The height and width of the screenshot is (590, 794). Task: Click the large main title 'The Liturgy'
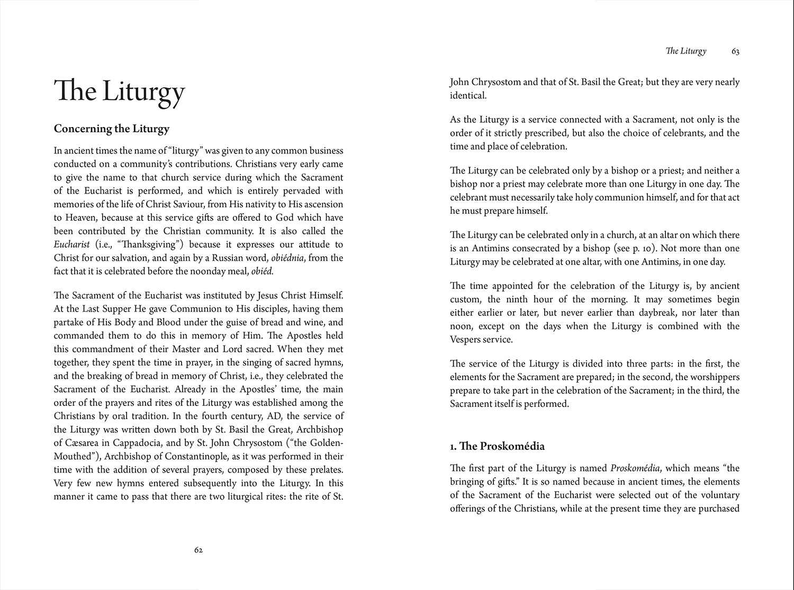coord(120,91)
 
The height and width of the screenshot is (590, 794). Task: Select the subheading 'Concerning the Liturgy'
coord(112,129)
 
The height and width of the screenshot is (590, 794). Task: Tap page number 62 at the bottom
coord(198,550)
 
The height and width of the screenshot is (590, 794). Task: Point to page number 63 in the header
coord(735,51)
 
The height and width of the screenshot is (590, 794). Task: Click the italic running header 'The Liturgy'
coord(686,51)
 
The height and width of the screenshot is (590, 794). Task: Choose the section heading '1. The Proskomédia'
coord(497,446)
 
